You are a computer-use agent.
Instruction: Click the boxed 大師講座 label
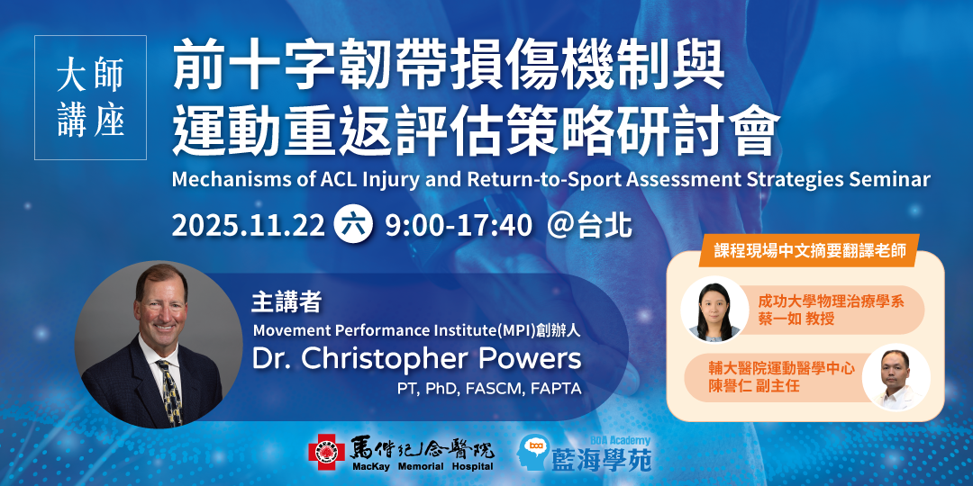[x=91, y=98]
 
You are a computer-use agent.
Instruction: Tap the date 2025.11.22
[x=249, y=227]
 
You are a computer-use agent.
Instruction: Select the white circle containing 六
[x=354, y=226]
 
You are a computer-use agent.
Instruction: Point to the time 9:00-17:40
[x=459, y=227]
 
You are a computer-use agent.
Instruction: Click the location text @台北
[x=589, y=227]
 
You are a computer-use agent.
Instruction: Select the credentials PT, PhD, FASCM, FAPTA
[x=489, y=390]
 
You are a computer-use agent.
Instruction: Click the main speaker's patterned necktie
[x=170, y=391]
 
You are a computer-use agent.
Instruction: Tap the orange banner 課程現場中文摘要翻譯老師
[x=808, y=250]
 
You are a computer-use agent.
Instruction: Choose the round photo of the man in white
[x=896, y=377]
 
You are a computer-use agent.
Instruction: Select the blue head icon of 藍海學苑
[x=533, y=451]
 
